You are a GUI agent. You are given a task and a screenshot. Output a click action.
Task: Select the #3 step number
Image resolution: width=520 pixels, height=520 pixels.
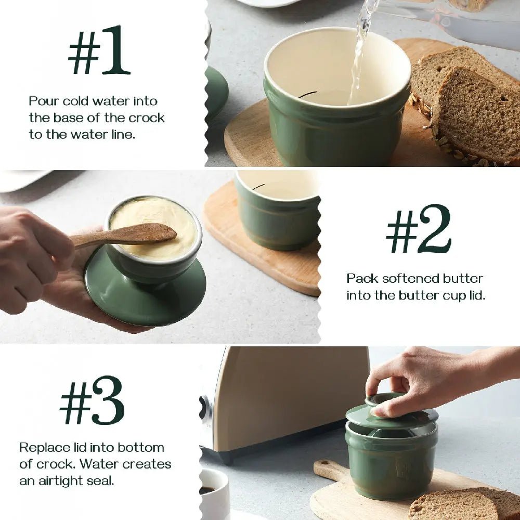click(x=92, y=400)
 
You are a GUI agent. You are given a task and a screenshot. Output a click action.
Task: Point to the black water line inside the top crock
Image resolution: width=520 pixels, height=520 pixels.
click(x=307, y=94)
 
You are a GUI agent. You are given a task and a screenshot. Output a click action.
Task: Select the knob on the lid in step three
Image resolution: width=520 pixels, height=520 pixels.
click(x=385, y=399)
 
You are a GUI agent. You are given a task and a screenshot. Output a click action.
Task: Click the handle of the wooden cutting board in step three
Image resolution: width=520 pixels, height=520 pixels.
click(x=330, y=470)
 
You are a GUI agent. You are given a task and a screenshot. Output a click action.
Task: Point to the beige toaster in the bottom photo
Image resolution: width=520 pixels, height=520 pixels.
click(x=291, y=395)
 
